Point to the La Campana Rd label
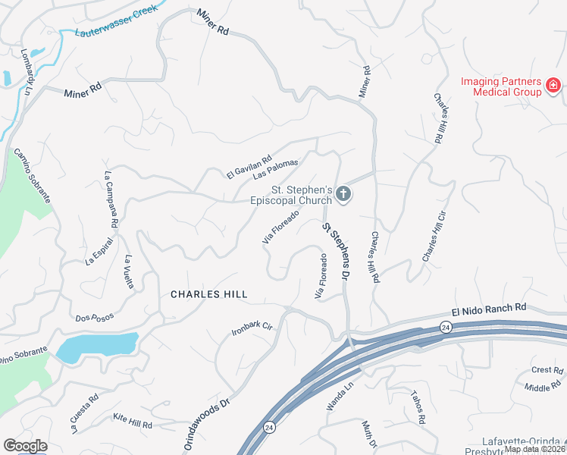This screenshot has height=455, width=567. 111,199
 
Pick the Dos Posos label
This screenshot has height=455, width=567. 93,318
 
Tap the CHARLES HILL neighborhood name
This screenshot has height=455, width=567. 208,293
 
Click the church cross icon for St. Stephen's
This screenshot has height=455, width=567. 343,195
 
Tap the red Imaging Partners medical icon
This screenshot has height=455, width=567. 554,83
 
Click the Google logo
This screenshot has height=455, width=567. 25,446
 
